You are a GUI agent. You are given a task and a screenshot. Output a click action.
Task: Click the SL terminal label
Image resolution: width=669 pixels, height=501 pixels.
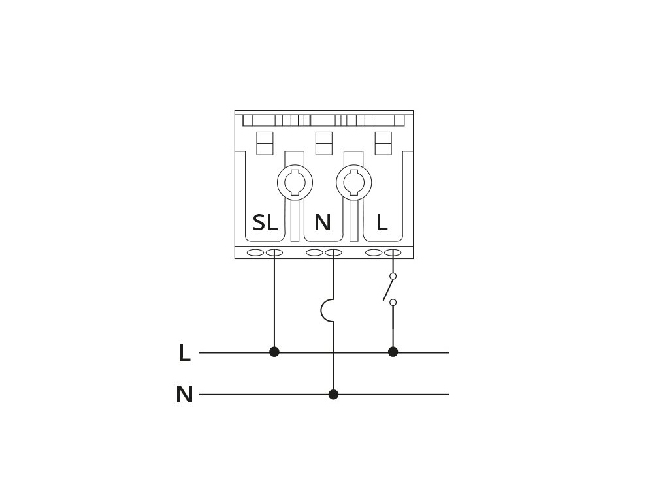(x=265, y=222)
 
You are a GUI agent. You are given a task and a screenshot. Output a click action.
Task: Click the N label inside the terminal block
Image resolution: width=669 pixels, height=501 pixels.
(x=323, y=222)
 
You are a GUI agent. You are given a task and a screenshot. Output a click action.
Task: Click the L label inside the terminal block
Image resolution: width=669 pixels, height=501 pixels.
(x=382, y=222)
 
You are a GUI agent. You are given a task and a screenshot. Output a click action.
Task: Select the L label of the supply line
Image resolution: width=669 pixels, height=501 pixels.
(x=185, y=353)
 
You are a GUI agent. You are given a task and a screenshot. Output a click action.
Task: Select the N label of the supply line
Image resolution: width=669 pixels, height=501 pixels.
(x=184, y=395)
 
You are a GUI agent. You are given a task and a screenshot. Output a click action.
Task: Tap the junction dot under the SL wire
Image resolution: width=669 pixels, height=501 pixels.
(x=274, y=352)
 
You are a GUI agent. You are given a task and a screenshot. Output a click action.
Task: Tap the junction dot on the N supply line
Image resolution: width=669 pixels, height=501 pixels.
(x=334, y=395)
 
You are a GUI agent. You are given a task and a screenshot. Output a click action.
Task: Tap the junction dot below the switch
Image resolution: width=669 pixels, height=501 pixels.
(x=393, y=352)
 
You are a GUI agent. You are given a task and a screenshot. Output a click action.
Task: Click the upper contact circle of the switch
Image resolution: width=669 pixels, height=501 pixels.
(x=393, y=276)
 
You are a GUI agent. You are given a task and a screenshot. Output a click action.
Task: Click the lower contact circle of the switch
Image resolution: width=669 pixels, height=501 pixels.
(x=393, y=303)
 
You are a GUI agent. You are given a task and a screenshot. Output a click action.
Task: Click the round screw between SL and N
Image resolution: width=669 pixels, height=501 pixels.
(x=295, y=183)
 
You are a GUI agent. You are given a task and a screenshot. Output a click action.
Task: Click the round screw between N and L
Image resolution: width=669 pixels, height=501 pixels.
(x=353, y=183)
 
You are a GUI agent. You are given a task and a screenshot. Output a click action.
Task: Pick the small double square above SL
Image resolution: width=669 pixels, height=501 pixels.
(x=265, y=143)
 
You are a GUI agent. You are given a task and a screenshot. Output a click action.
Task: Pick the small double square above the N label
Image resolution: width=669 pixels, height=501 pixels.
(x=324, y=143)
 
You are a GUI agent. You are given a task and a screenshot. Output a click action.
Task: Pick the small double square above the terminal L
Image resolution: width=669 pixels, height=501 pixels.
(x=383, y=143)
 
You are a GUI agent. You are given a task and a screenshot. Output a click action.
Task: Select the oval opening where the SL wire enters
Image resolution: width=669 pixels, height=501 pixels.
(x=274, y=252)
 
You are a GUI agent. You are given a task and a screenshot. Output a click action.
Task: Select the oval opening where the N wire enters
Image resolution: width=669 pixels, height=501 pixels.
(x=334, y=252)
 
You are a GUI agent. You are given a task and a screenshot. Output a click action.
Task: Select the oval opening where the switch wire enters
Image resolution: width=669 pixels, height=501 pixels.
(x=393, y=252)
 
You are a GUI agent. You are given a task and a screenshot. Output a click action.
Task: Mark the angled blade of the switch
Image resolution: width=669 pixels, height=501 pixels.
(x=387, y=289)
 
